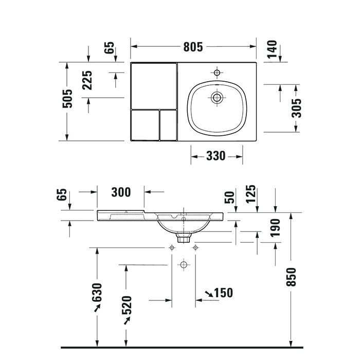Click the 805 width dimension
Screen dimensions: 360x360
(193, 47)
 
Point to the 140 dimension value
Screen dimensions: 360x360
(272, 49)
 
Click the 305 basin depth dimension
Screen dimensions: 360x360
(297, 108)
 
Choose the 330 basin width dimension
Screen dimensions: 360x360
(216, 156)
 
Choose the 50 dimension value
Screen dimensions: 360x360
(230, 197)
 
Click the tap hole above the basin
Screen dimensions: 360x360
(217, 72)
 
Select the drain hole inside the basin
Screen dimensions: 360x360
(217, 96)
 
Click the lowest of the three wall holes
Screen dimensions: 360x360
(183, 265)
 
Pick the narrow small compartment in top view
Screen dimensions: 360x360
(168, 125)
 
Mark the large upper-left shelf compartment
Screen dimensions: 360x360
(154, 85)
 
